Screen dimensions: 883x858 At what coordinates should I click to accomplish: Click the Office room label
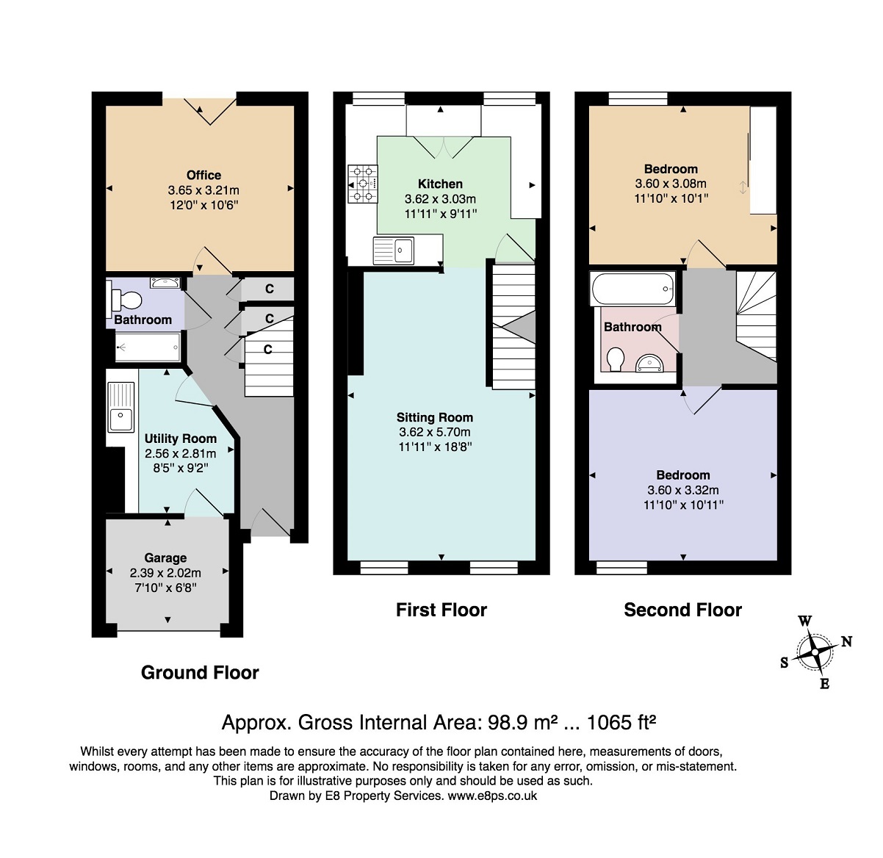[203, 175]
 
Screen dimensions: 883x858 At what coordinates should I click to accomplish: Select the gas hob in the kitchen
[363, 184]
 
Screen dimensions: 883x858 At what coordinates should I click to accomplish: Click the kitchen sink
[394, 250]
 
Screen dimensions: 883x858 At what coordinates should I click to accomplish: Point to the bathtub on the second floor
[632, 288]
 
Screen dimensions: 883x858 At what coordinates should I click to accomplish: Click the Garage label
[165, 558]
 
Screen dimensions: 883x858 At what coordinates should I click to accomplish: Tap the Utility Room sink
[120, 407]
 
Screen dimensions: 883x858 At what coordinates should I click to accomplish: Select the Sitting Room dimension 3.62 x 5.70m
[434, 432]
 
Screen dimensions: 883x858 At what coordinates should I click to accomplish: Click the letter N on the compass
[847, 641]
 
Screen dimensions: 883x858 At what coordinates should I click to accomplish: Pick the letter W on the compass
[804, 621]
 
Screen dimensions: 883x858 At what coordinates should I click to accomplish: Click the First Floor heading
[441, 610]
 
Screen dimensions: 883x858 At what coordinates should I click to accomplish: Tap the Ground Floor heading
[200, 672]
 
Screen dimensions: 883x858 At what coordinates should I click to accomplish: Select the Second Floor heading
[682, 610]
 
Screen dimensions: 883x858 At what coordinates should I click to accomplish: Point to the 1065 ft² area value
[621, 722]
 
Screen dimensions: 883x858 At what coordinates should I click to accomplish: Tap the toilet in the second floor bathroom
[616, 359]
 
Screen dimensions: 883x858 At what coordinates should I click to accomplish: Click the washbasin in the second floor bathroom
[649, 363]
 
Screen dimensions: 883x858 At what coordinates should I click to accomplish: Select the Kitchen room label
[440, 184]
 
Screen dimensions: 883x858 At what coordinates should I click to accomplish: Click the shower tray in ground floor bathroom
[148, 347]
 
